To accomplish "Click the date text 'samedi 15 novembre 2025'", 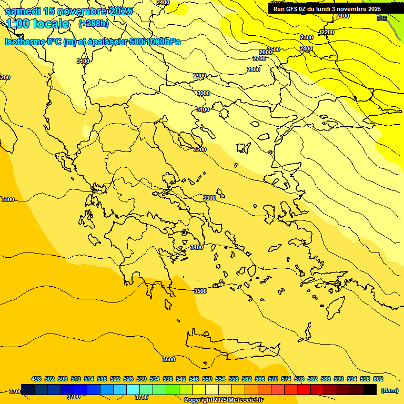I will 68,11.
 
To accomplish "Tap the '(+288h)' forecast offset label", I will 94,24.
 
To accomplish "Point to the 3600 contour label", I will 169,359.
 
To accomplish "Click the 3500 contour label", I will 200,291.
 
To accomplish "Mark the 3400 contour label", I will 197,247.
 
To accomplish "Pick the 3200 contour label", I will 200,149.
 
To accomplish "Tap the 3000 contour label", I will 203,93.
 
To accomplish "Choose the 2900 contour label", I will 200,76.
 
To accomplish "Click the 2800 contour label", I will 254,69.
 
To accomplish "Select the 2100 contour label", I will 343,16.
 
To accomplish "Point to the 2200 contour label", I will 327,33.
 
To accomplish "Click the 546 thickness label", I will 382,18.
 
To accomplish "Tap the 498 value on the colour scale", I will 36,379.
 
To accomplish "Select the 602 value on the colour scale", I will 378,379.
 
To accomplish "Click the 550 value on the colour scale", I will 207,379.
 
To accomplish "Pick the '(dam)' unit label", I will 389,390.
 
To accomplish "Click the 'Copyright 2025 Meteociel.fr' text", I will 224,400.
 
